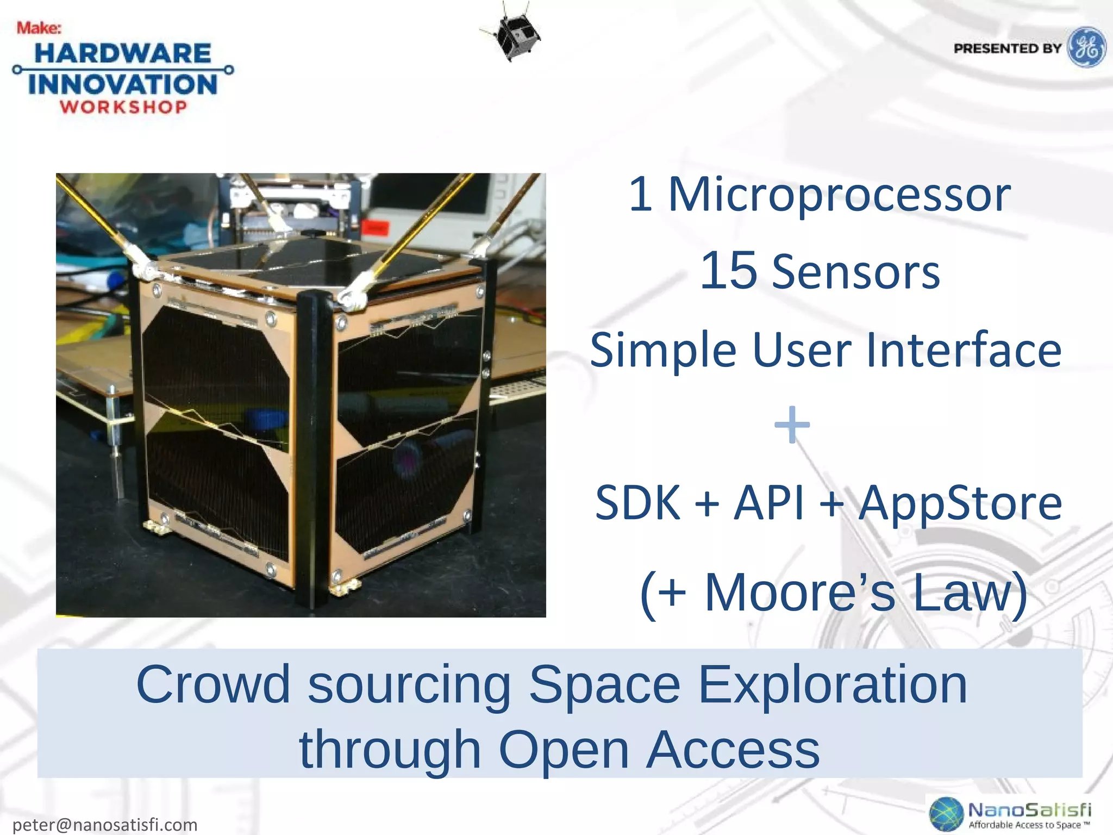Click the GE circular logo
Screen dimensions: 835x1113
(1087, 47)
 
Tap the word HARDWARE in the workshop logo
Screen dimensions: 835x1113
(123, 53)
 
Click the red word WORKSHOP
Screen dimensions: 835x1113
(123, 107)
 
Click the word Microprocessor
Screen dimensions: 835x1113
(839, 195)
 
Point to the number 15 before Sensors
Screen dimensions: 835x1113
(728, 271)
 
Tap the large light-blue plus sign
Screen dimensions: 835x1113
(792, 425)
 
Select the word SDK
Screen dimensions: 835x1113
(637, 503)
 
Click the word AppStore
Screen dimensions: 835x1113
(960, 503)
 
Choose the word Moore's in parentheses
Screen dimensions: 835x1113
(799, 593)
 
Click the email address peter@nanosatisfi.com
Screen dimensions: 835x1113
(105, 825)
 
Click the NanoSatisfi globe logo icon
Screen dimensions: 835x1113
(946, 814)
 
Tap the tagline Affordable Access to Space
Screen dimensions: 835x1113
(1029, 825)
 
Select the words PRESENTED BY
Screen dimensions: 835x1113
(1007, 48)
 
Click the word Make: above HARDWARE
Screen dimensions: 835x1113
(39, 28)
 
